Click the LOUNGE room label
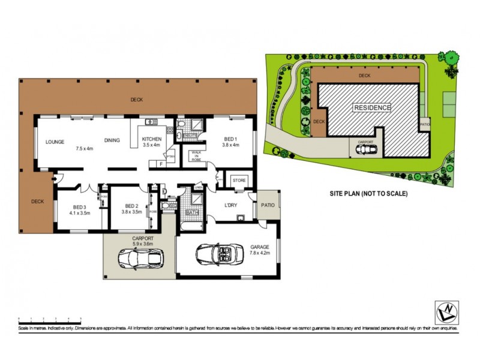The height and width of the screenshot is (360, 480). point(55,142)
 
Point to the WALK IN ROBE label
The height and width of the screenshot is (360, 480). point(196,157)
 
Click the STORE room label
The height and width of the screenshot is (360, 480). point(239,179)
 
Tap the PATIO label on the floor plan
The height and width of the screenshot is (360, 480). point(268,206)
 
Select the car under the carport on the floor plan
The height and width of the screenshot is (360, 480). point(140,259)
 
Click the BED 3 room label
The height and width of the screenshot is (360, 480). point(79,209)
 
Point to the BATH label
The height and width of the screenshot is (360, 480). point(193,212)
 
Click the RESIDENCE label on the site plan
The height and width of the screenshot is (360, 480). point(372,108)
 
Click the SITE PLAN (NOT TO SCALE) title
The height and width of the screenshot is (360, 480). point(369,194)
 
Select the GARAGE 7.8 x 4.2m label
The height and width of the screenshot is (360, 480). point(260,250)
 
